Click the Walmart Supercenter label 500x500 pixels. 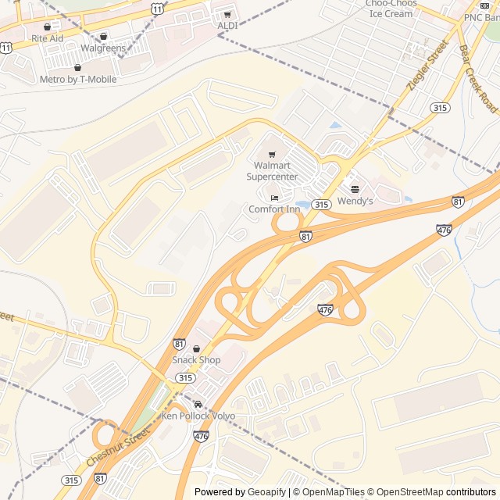point(272,171)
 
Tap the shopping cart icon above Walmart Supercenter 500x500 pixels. point(272,155)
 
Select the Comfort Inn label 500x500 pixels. point(274,209)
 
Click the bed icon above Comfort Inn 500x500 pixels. point(274,198)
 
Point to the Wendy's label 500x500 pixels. point(355,202)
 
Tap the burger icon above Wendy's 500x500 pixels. point(355,189)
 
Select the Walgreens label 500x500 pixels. point(104,48)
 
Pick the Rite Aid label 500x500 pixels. point(47,37)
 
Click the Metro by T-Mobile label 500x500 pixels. point(78,80)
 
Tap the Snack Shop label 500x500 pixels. point(196,360)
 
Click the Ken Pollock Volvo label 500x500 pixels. point(198,416)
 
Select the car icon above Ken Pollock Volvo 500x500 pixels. point(198,404)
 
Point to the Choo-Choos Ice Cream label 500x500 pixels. point(391,9)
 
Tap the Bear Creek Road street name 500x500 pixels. point(477,79)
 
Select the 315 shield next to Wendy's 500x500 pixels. point(321,204)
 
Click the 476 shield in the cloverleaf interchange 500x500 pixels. point(326,311)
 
